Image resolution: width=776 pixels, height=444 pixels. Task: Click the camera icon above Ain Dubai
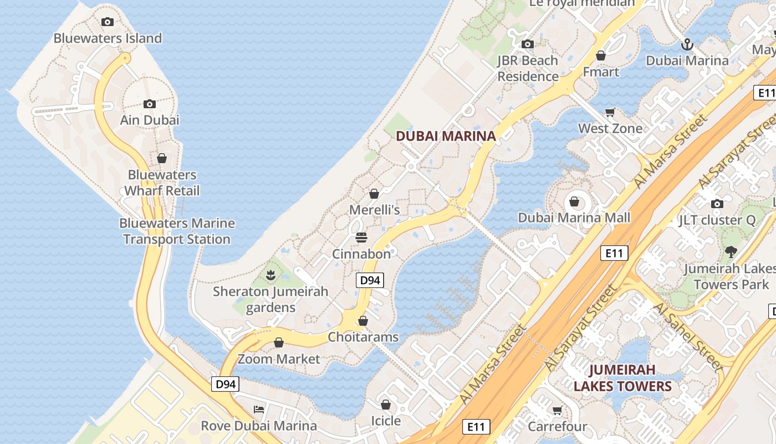[x=149, y=104]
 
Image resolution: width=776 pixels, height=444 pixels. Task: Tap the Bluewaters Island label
[x=108, y=38]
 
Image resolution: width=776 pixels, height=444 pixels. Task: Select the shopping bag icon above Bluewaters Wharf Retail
[x=162, y=158]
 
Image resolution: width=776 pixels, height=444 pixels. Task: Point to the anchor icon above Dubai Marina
[x=687, y=44]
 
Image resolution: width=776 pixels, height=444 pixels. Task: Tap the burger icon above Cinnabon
[x=361, y=238]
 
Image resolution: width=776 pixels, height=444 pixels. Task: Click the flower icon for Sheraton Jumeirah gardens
[x=270, y=274]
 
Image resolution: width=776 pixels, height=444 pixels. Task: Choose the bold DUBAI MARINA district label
[x=446, y=136]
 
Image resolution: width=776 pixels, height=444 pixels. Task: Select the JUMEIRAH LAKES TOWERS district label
[x=622, y=378]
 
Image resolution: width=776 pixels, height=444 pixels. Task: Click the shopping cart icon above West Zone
[x=610, y=112]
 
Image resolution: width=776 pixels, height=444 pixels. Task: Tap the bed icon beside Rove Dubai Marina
[x=259, y=410]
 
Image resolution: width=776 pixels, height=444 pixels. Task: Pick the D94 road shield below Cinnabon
[x=370, y=280]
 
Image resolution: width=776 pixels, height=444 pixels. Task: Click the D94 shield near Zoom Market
[x=225, y=384]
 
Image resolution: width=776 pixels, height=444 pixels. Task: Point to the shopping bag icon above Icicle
[x=386, y=405]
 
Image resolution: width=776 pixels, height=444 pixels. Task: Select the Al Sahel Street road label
[x=690, y=337]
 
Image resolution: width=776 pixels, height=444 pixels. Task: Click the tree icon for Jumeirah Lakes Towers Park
[x=731, y=252]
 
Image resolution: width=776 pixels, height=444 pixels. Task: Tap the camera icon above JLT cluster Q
[x=717, y=204]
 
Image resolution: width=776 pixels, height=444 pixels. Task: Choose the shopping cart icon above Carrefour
[x=557, y=411]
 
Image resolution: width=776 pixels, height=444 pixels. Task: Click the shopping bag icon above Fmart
[x=601, y=56]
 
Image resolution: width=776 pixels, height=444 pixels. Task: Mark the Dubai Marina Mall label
[x=574, y=218]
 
